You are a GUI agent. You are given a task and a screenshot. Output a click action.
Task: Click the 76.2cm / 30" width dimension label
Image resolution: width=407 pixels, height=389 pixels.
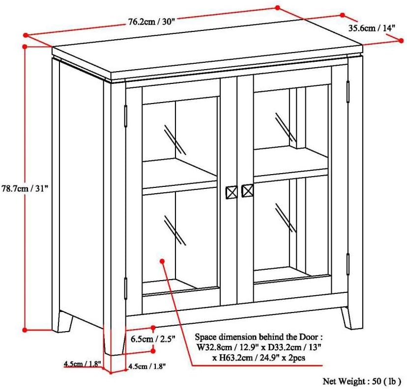click(150, 22)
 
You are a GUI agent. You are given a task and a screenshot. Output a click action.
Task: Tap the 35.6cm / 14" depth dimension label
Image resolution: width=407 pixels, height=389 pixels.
click(372, 27)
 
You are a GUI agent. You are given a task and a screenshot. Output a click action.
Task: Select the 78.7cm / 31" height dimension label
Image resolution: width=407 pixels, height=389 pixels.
click(25, 188)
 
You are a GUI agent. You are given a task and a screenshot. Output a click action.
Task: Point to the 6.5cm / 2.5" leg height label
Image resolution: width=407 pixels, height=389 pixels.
click(153, 339)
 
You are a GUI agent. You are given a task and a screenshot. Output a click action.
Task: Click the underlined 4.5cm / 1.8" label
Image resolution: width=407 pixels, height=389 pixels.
click(82, 363)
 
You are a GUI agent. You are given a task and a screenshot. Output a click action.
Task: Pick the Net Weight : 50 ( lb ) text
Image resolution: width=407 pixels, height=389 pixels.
click(362, 381)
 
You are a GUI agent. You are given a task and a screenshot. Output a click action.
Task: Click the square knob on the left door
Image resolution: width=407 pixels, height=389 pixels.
click(232, 192)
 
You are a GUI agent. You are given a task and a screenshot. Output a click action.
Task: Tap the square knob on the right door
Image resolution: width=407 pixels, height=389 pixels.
click(248, 191)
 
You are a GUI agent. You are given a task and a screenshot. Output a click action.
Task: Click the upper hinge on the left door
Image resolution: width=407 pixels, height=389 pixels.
click(126, 116)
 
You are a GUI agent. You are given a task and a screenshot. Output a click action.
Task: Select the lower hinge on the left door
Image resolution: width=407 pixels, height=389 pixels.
click(126, 288)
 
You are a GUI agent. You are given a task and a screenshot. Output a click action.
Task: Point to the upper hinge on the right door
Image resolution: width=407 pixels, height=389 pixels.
click(348, 92)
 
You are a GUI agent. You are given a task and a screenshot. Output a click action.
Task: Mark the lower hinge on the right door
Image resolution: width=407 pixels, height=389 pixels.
click(348, 264)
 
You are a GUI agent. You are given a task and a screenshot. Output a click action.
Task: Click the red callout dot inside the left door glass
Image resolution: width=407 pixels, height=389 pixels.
click(163, 261)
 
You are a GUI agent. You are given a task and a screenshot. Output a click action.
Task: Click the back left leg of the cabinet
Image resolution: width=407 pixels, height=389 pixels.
click(65, 321)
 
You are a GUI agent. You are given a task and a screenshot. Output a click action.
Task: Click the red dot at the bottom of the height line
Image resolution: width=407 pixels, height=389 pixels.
click(25, 330)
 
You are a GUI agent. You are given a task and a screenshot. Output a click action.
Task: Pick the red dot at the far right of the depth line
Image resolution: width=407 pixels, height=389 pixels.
click(401, 41)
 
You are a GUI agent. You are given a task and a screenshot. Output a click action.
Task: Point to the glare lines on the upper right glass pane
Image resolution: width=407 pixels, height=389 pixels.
click(286, 128)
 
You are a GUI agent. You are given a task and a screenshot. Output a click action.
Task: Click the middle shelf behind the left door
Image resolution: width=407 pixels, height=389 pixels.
click(179, 176)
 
